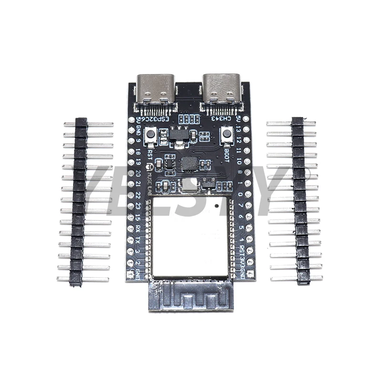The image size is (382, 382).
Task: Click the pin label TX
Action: (x=138, y=240)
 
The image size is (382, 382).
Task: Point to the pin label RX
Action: (x=138, y=228)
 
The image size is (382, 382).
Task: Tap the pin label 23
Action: (x=138, y=206)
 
